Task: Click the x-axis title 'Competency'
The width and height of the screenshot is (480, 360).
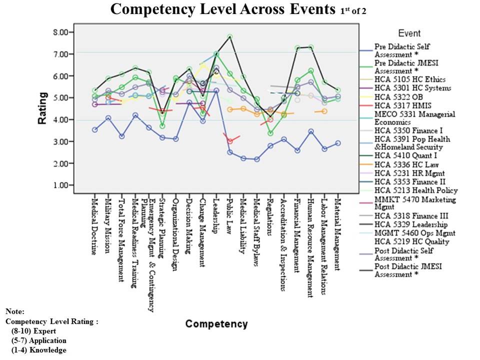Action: click(x=216, y=324)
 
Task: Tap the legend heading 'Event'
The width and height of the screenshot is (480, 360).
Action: click(x=409, y=33)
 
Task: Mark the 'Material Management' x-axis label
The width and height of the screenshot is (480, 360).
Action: click(x=338, y=230)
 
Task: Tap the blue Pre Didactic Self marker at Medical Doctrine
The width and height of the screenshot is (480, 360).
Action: click(x=94, y=129)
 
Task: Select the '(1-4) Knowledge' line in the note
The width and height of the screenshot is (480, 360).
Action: click(x=38, y=350)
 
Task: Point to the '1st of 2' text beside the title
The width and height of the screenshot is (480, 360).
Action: click(x=350, y=10)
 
